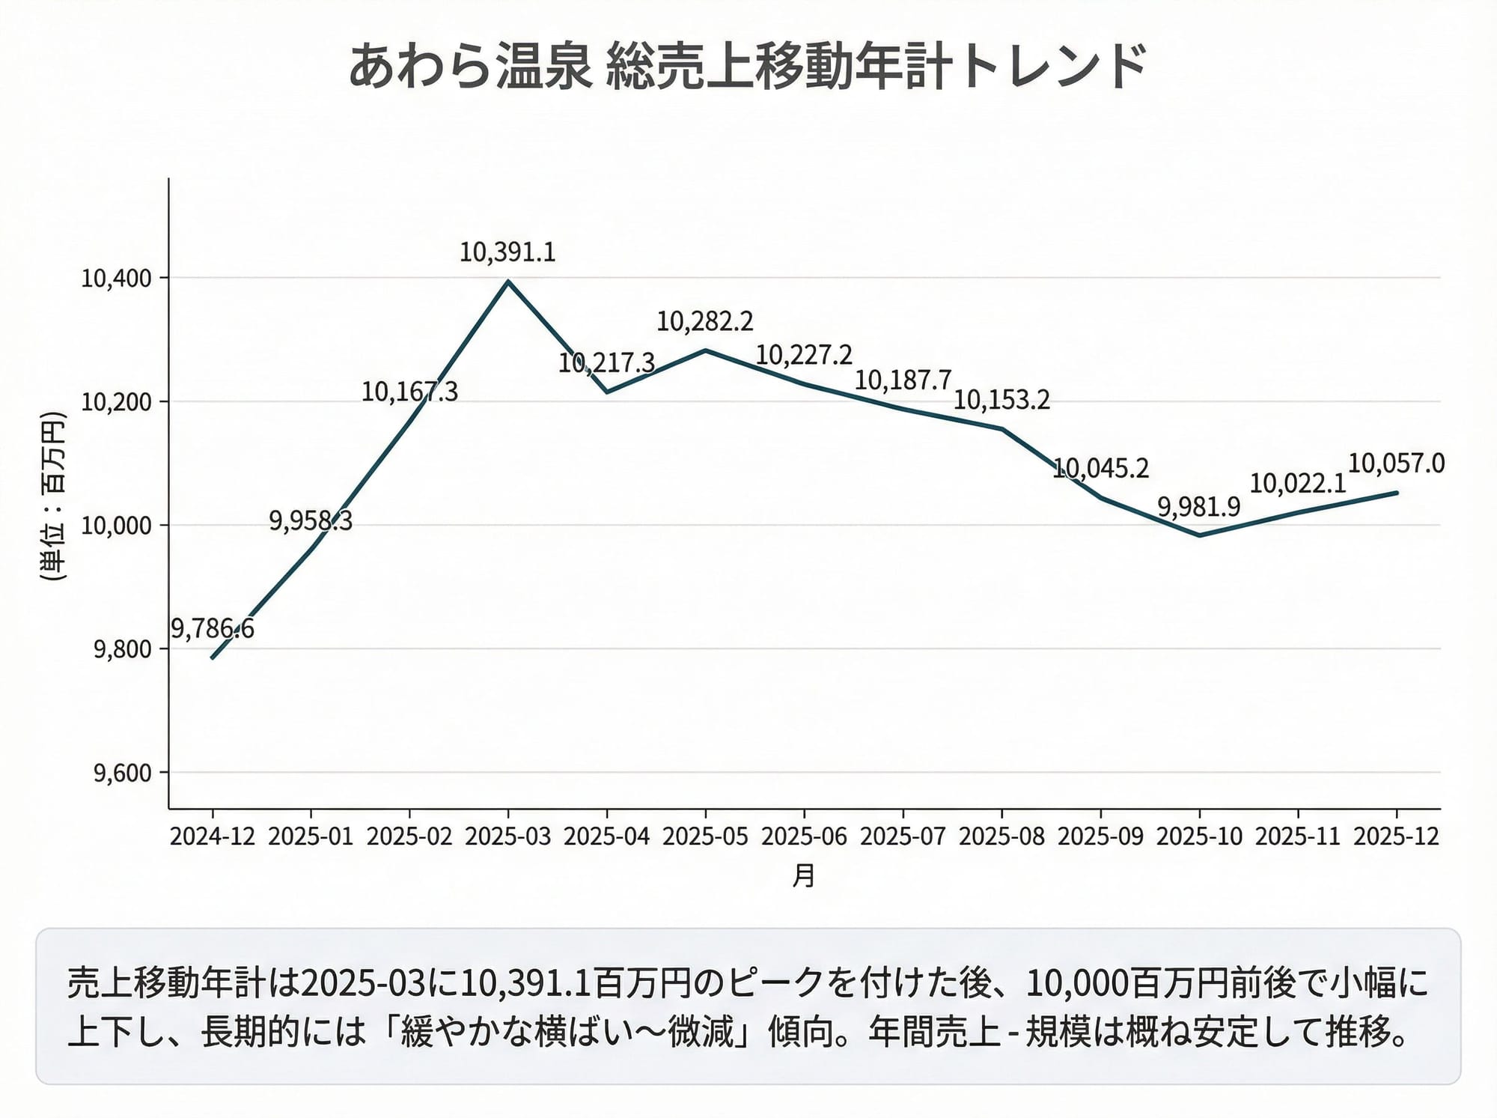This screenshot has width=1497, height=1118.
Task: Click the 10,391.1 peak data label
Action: [x=507, y=252]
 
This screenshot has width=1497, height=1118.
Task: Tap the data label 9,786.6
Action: [x=213, y=628]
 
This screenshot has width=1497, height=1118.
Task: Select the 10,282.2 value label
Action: [x=705, y=321]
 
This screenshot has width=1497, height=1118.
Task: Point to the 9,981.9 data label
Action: [x=1199, y=507]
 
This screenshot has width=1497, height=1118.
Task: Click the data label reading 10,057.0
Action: [x=1396, y=464]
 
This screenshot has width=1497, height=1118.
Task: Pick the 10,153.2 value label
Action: [x=1001, y=400]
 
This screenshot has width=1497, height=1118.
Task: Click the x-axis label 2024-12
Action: [x=213, y=836]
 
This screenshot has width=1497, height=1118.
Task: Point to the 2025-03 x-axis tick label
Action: [x=508, y=836]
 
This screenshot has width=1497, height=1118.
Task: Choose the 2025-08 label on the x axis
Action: [x=1001, y=836]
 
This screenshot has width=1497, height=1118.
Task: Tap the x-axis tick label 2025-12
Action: [x=1396, y=836]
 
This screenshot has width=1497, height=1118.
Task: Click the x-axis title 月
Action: [x=803, y=875]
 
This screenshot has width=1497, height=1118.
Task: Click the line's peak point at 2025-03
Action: [x=508, y=282]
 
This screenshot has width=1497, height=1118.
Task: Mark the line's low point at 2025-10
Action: [x=1199, y=535]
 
